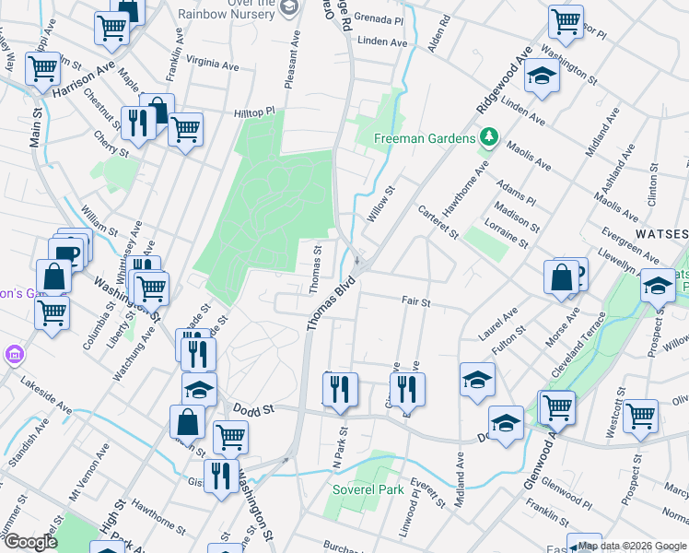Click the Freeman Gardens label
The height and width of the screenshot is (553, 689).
424,140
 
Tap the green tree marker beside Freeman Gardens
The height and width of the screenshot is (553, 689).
489,139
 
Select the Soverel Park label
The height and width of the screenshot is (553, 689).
368,489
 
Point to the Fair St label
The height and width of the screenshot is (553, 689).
416,300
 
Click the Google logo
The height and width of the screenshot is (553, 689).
30,542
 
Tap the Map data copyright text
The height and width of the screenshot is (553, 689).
633,546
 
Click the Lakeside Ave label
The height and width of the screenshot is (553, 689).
46,394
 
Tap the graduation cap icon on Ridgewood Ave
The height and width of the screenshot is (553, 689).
543,78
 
